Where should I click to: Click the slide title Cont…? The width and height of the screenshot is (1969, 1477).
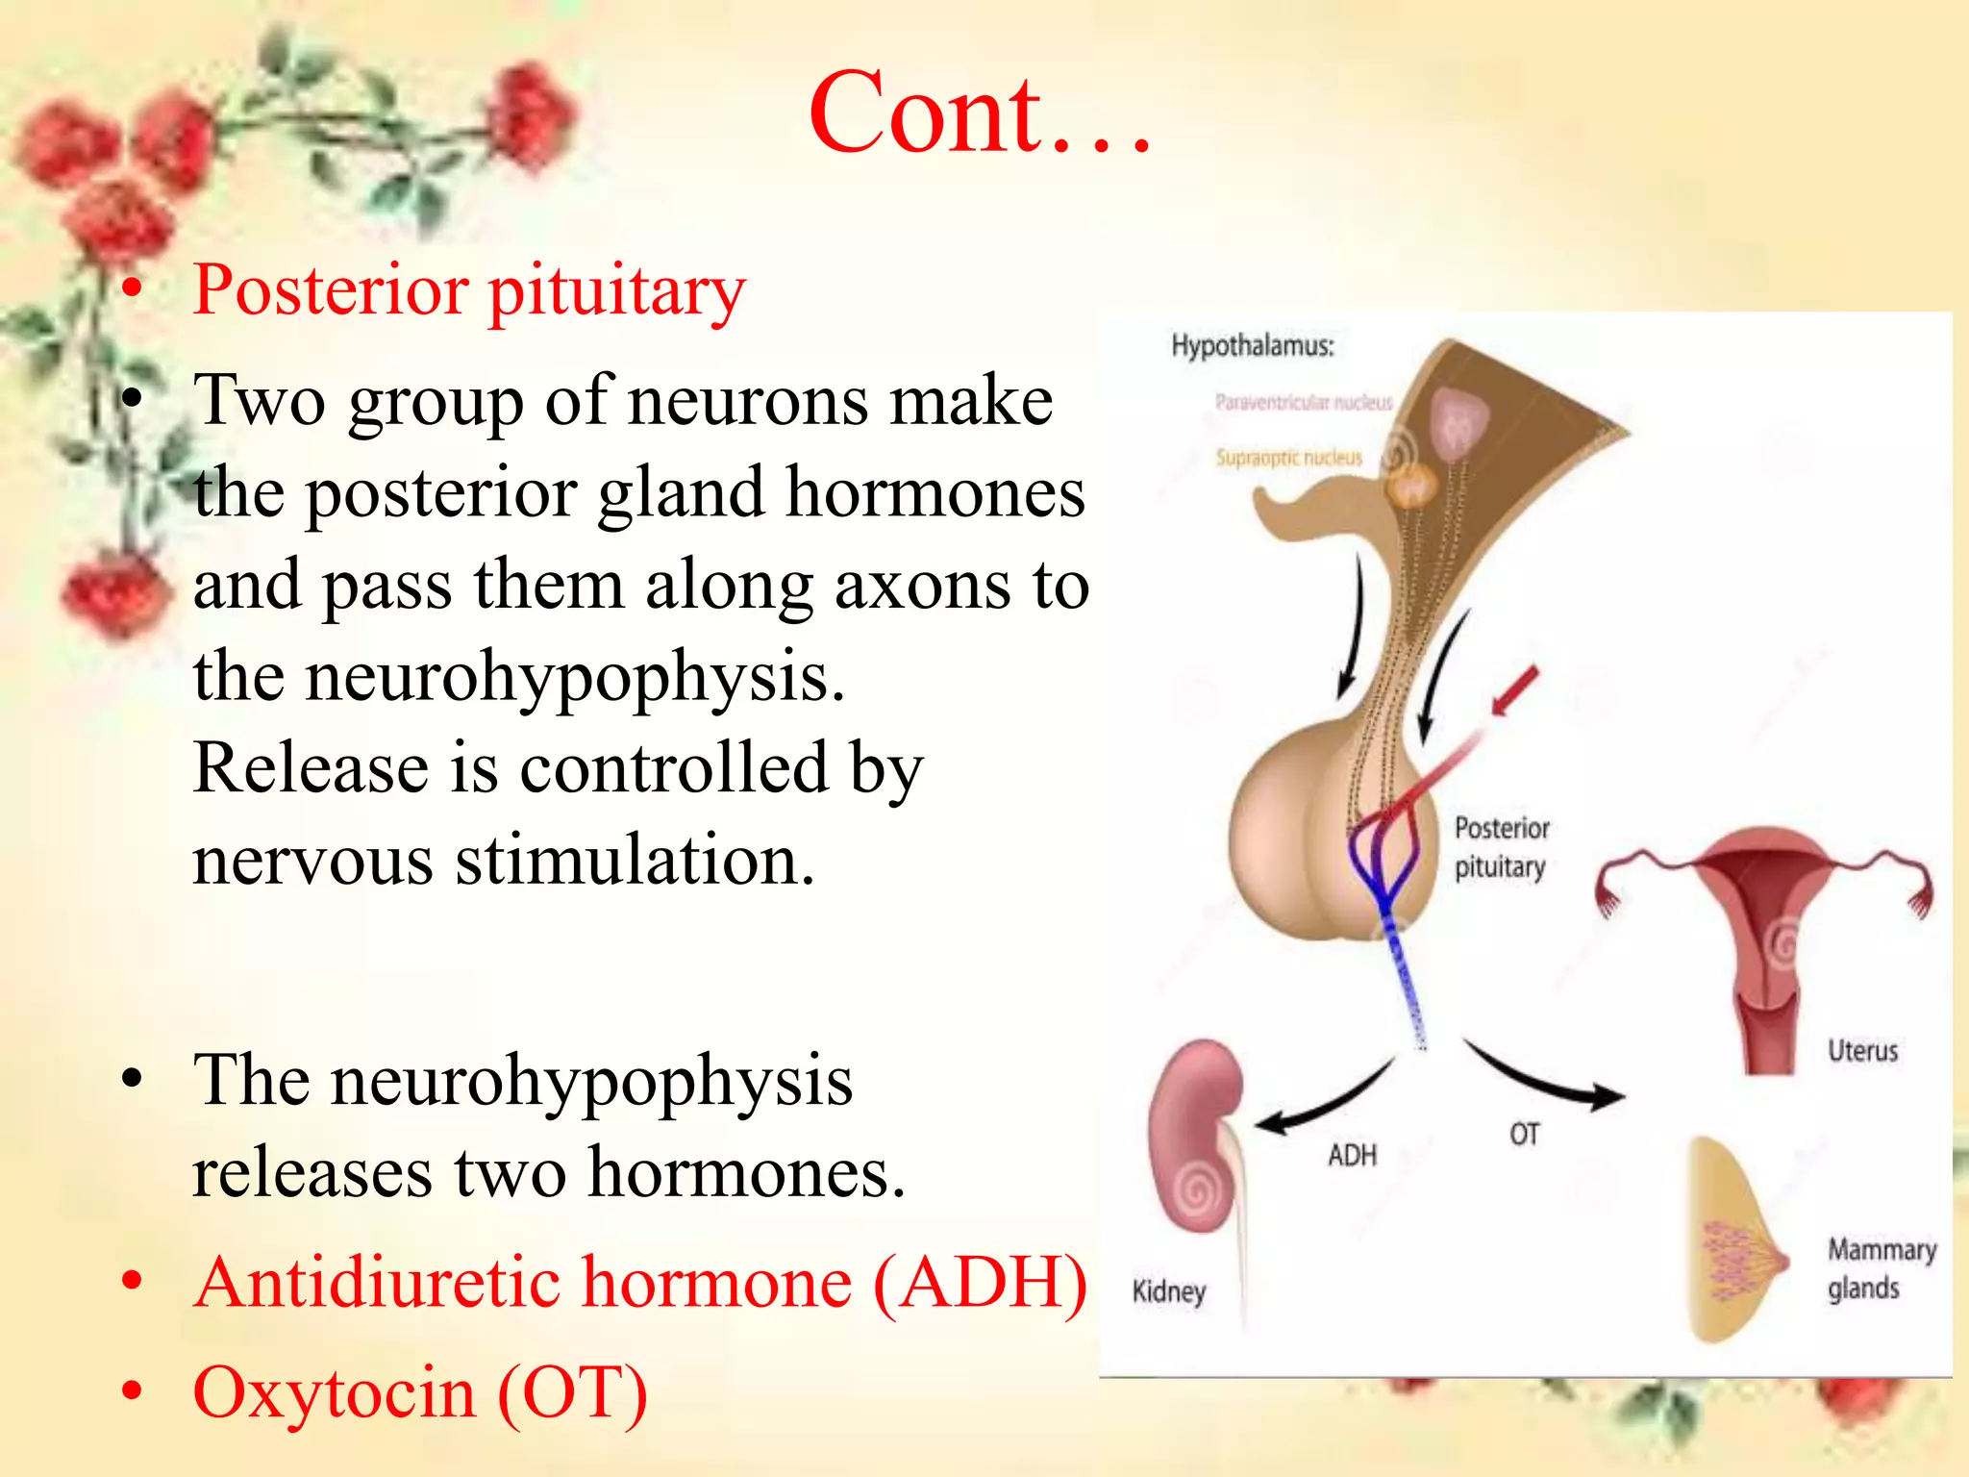click(x=981, y=113)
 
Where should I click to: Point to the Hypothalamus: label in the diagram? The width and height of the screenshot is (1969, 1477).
click(x=1252, y=345)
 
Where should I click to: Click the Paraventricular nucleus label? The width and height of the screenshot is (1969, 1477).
click(x=1303, y=402)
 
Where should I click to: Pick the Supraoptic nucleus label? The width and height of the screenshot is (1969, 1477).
click(x=1288, y=458)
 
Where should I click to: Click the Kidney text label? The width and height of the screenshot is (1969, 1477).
click(x=1168, y=1290)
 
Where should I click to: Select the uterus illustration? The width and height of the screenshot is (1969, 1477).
click(x=1764, y=933)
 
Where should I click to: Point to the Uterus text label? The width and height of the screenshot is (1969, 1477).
click(x=1862, y=1050)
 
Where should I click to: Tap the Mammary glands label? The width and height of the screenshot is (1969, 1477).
click(x=1881, y=1268)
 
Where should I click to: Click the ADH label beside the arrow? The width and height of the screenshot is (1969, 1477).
click(x=1352, y=1155)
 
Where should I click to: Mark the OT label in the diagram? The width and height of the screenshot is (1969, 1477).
click(x=1524, y=1135)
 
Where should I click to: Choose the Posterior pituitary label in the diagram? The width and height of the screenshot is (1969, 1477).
click(x=1501, y=847)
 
